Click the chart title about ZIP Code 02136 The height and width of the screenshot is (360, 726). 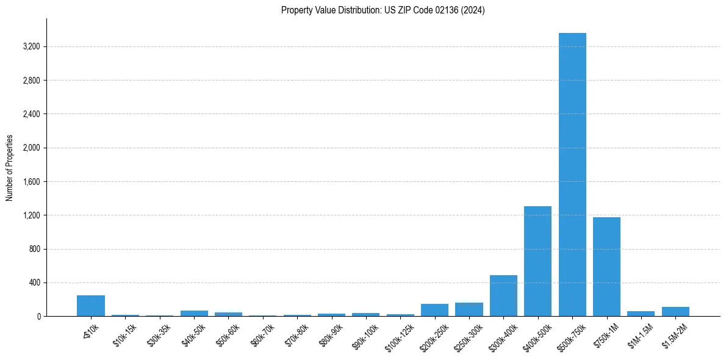pyautogui.click(x=383, y=10)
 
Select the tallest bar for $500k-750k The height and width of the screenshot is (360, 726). pyautogui.click(x=572, y=175)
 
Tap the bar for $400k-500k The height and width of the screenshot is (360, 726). pyautogui.click(x=537, y=261)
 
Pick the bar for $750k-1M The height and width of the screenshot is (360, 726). pyautogui.click(x=606, y=267)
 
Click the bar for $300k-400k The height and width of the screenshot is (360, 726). pyautogui.click(x=503, y=296)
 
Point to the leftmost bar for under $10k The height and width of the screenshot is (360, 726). pyautogui.click(x=91, y=306)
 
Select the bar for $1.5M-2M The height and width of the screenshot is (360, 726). pyautogui.click(x=675, y=312)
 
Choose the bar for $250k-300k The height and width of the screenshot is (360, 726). pyautogui.click(x=469, y=309)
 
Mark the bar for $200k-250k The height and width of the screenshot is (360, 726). pyautogui.click(x=434, y=310)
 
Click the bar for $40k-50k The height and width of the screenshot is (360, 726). pyautogui.click(x=194, y=314)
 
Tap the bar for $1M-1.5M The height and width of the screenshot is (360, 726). pyautogui.click(x=641, y=314)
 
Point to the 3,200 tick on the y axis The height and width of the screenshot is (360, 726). pyautogui.click(x=31, y=47)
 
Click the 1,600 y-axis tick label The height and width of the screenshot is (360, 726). pyautogui.click(x=31, y=182)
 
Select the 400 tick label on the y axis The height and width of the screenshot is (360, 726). pyautogui.click(x=34, y=283)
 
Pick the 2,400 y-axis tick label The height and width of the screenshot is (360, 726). pyautogui.click(x=31, y=114)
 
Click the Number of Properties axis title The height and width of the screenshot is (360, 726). pyautogui.click(x=10, y=168)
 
